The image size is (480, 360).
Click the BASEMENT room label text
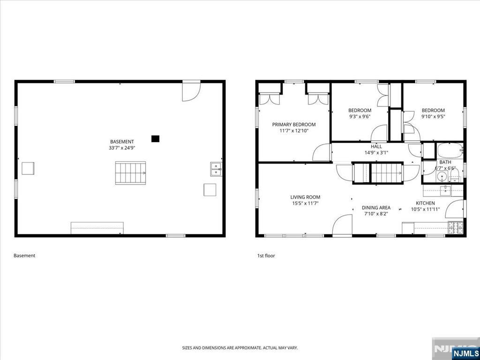pyautogui.click(x=122, y=142)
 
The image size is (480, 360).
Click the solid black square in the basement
pyautogui.click(x=156, y=139)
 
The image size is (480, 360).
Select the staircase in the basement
pyautogui.click(x=130, y=173)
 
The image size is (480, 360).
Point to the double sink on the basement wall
pyautogui.click(x=216, y=169)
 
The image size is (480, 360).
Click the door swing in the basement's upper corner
pyautogui.click(x=191, y=92)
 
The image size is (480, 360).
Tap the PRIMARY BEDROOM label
pyautogui.click(x=294, y=125)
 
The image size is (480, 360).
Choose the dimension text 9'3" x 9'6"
pyautogui.click(x=360, y=116)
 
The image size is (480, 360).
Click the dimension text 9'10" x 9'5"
pyautogui.click(x=433, y=116)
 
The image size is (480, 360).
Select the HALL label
pyautogui.click(x=376, y=146)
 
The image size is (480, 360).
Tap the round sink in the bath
pyautogui.click(x=442, y=177)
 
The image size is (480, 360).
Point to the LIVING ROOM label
pyautogui.click(x=305, y=197)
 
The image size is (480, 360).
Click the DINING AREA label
pyautogui.click(x=376, y=208)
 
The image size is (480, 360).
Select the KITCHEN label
pyautogui.click(x=425, y=203)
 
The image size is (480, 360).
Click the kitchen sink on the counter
pyautogui.click(x=445, y=190)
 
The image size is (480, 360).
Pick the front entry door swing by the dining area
pyautogui.click(x=342, y=225)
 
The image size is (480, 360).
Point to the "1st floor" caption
pyautogui.click(x=266, y=255)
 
